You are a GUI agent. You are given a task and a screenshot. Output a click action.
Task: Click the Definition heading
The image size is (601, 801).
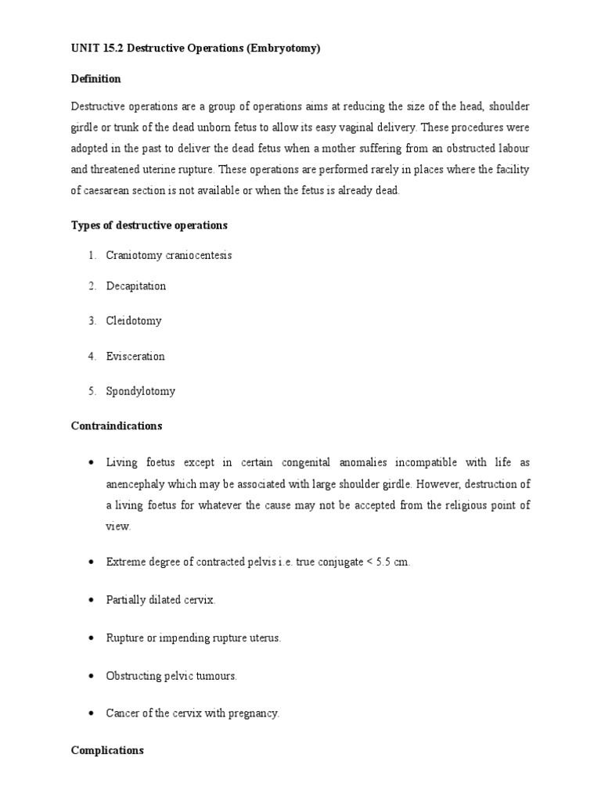pos(95,79)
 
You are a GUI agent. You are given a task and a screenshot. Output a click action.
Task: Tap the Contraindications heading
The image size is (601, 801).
pos(117,426)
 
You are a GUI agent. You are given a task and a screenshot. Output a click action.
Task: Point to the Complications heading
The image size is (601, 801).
pos(107,750)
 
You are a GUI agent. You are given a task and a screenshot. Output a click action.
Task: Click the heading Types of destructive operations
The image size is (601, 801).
pos(149,225)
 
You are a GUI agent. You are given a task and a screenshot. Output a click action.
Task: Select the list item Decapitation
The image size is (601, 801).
pos(136,286)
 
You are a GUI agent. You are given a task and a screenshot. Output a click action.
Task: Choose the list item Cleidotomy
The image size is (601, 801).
pos(134,321)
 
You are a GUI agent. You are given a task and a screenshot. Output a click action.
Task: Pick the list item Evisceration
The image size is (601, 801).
pos(135,357)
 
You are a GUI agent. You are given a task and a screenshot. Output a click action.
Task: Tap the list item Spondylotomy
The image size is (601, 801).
pos(141,391)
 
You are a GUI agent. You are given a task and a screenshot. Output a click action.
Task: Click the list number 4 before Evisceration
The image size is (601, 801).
pos(91,357)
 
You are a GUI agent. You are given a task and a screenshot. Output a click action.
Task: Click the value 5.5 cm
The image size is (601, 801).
pos(394,563)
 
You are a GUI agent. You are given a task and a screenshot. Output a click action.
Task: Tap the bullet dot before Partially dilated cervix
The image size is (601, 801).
pos(92,600)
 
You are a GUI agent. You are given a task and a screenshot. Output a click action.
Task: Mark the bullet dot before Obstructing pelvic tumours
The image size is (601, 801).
pos(92,676)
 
